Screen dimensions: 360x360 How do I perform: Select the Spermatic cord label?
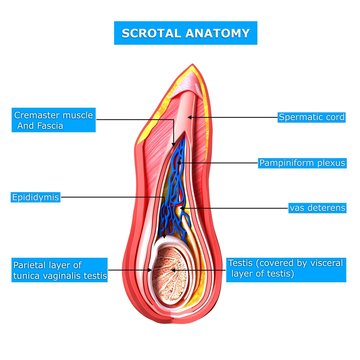point(311,117)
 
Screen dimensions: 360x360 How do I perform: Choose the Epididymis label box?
point(35,198)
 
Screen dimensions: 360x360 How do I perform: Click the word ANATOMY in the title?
point(216,32)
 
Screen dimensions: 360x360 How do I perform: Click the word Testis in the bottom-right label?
point(240,262)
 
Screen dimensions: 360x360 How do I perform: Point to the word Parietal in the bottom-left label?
point(31,265)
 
